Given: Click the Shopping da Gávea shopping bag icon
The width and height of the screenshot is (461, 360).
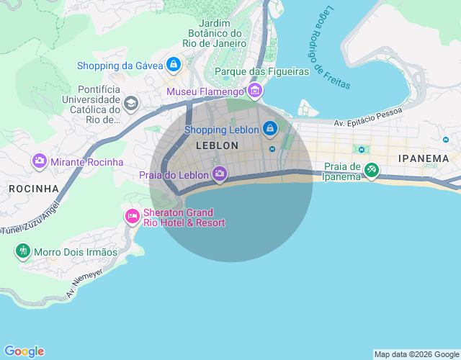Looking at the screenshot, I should point(173,66).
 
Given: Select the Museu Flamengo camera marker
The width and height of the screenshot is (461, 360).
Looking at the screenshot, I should point(254,91).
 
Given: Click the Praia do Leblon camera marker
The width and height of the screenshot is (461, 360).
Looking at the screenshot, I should point(220,174).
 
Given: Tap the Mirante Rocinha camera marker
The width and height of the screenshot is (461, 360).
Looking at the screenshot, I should point(40,162).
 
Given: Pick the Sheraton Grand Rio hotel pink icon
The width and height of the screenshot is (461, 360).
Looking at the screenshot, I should point(132,215).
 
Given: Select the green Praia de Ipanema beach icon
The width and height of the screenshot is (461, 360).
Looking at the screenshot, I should point(371,171).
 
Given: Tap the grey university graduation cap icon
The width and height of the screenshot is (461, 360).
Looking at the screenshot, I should point(130,104).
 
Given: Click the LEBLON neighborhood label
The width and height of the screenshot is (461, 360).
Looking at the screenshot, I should point(217,145).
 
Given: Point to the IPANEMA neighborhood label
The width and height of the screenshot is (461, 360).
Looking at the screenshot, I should point(424,158).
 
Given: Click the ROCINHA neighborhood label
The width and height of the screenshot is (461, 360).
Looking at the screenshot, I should point(34,189).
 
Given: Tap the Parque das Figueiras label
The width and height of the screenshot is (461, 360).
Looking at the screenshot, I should point(261,71).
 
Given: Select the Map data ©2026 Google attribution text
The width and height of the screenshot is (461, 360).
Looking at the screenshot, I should point(416,354).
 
